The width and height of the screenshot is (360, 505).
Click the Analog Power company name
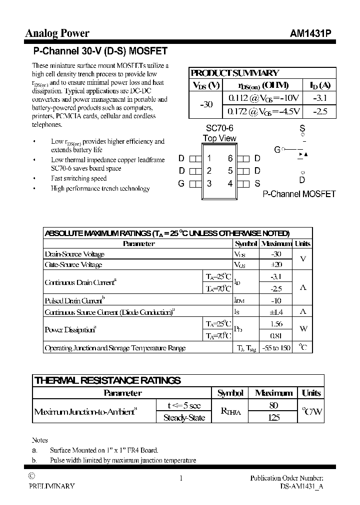coord(57,33)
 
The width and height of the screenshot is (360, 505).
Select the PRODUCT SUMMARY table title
coord(235,73)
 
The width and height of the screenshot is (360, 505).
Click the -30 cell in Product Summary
coord(206,104)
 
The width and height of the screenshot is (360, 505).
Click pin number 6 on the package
coord(230,159)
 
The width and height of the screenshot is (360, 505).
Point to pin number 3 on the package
coord(209,183)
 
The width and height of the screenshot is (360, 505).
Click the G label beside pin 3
coord(181,183)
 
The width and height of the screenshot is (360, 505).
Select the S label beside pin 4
coord(257,183)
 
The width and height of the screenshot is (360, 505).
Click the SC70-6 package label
coord(219,129)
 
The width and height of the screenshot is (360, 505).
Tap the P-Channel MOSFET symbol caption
coord(299,194)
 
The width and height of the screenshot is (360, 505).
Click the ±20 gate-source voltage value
coord(275,264)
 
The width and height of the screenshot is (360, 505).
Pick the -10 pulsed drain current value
coord(275,300)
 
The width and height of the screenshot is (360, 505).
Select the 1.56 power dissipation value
coord(275,324)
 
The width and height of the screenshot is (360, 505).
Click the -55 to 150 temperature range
coord(275,348)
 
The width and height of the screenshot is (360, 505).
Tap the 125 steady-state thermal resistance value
coord(273,418)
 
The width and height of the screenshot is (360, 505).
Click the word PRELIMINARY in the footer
coord(52,486)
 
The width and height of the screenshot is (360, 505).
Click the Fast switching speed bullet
coord(78,178)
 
